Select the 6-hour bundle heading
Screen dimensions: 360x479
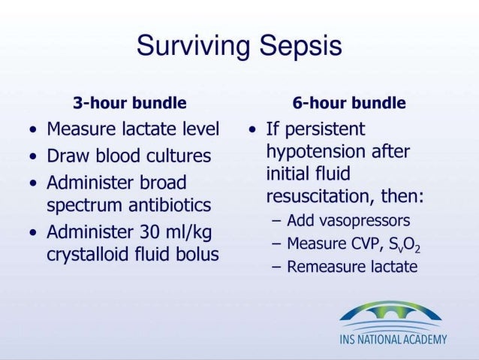point(349,103)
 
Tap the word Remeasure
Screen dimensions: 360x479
point(325,267)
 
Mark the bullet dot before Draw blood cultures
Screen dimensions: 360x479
point(32,157)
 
